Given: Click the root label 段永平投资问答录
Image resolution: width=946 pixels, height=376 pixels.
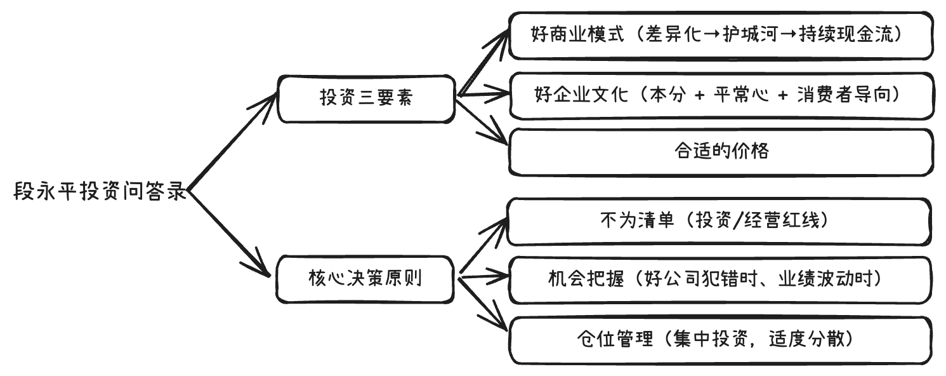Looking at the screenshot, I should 100,191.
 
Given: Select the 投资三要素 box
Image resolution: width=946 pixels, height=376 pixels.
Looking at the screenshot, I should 366,98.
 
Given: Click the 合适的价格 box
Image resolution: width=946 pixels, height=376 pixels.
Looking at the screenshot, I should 721,152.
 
